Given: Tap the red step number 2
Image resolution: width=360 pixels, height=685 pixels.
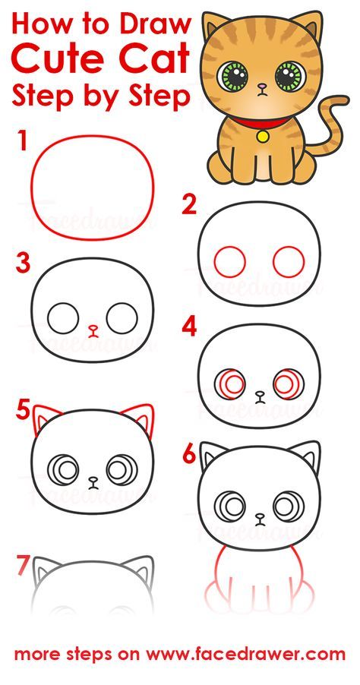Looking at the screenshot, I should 189,204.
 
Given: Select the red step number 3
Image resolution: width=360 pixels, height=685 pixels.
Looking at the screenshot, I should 23,264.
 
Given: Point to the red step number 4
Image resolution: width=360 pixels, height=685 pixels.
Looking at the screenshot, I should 189,327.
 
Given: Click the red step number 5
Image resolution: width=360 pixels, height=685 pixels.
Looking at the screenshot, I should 23,411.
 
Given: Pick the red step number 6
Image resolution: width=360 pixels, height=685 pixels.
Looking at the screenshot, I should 189,453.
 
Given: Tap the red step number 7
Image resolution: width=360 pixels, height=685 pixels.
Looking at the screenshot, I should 23,565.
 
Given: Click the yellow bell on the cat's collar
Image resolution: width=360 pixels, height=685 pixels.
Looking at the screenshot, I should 263,136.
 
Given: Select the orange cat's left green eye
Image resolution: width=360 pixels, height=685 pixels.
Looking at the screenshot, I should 232,76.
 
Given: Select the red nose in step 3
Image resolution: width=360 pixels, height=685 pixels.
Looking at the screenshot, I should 93,330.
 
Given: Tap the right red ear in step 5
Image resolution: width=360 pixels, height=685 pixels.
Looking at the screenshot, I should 140,417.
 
